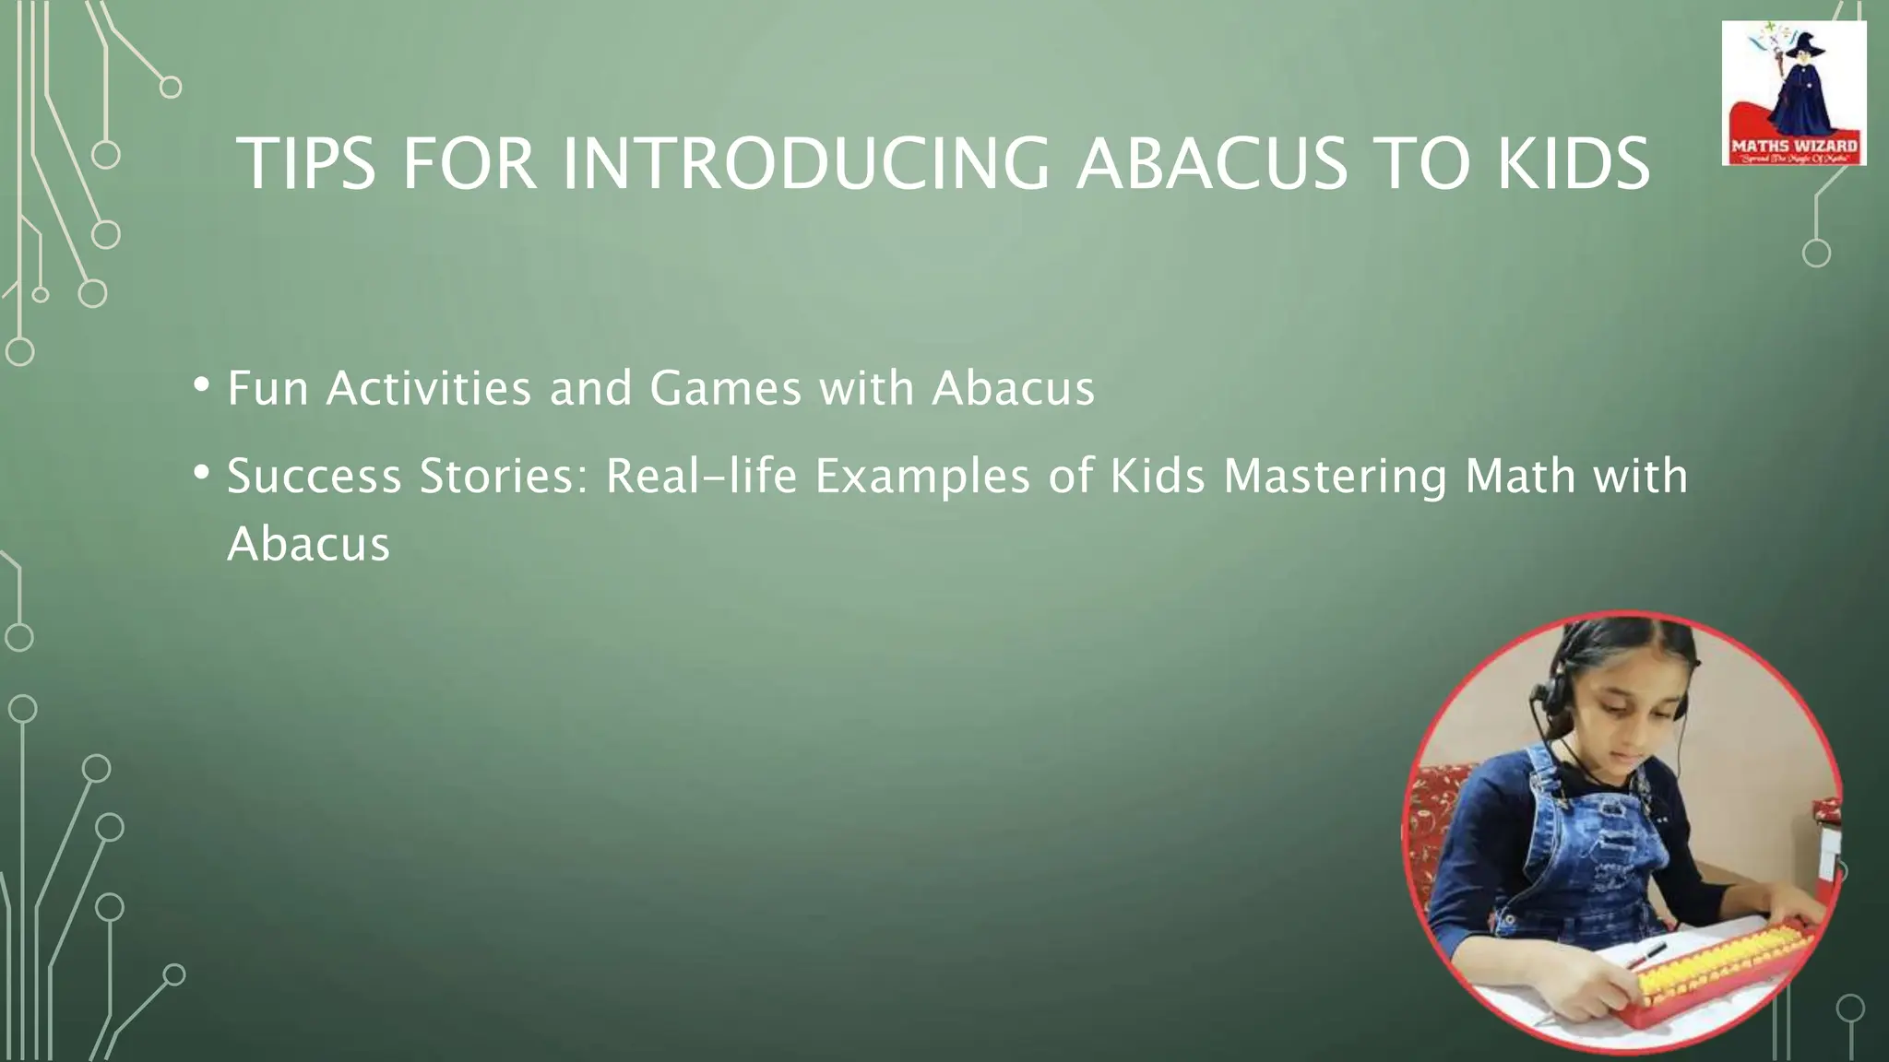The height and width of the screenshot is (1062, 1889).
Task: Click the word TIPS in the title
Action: pos(306,164)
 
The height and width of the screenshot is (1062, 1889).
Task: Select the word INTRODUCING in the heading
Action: pos(805,164)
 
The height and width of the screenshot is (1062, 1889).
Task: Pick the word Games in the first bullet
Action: pos(726,388)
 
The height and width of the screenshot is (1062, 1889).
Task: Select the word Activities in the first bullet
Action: pos(428,388)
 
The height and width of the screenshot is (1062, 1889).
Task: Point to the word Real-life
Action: pos(700,477)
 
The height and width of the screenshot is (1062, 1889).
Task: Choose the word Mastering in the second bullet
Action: pos(1335,477)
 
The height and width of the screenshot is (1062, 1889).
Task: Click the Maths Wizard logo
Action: pos(1793,93)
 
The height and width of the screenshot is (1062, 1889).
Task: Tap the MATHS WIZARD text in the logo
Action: pos(1794,146)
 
